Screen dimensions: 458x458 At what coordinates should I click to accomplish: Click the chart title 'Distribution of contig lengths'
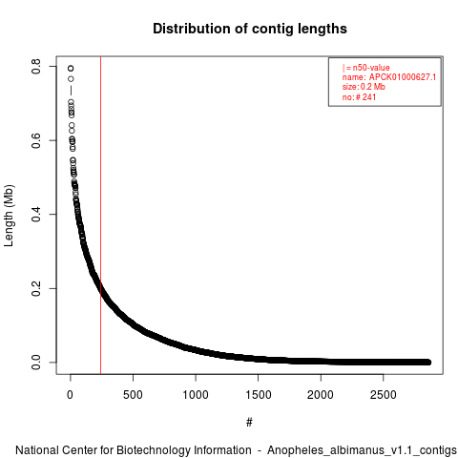[250, 29]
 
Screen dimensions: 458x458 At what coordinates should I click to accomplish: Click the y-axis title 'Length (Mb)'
[9, 216]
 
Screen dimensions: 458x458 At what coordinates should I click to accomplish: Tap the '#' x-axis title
[249, 422]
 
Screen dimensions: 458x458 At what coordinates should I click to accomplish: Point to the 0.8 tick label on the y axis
[36, 66]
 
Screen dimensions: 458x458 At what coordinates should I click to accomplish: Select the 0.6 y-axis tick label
[36, 140]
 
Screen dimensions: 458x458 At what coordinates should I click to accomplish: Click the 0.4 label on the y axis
[36, 214]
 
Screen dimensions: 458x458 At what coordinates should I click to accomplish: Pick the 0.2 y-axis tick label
[36, 288]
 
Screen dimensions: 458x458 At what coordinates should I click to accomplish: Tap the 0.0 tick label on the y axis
[36, 363]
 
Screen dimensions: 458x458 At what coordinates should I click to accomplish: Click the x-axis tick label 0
[70, 395]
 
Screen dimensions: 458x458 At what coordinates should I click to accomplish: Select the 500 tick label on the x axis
[133, 395]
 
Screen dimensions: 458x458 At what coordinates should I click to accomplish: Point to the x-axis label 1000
[196, 395]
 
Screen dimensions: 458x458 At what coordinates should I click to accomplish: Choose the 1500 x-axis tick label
[258, 395]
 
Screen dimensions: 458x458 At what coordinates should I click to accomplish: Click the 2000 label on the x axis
[321, 395]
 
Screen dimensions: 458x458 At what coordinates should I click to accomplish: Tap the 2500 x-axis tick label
[384, 395]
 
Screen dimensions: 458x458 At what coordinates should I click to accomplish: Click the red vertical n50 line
[100, 216]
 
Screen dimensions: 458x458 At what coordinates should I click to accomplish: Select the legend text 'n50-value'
[371, 68]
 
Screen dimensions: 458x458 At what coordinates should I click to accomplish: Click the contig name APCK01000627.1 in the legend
[403, 77]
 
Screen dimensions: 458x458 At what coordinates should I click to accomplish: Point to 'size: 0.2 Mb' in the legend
[364, 87]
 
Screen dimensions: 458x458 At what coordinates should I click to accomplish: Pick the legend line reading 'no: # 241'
[359, 97]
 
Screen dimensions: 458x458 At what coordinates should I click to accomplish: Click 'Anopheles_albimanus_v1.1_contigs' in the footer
[362, 450]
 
